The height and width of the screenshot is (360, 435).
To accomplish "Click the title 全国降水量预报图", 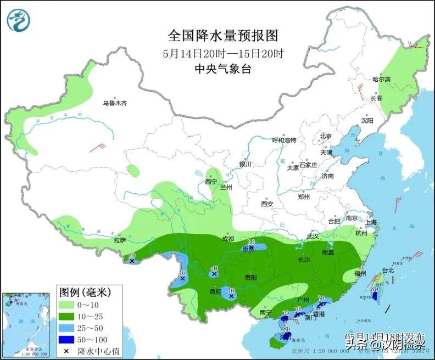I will (x=223, y=36).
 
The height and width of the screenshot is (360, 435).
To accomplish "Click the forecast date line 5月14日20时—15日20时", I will (x=223, y=54).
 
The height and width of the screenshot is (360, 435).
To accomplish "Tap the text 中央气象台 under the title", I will (x=223, y=69).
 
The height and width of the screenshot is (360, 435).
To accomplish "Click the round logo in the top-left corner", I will (x=19, y=20).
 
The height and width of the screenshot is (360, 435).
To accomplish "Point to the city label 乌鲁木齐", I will (x=115, y=103).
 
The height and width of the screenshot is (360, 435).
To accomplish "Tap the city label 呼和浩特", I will (x=285, y=140).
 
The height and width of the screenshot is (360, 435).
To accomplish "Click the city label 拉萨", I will (x=120, y=240).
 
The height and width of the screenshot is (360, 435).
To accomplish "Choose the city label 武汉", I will (x=313, y=236).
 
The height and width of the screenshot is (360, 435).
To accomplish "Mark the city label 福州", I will (x=360, y=273).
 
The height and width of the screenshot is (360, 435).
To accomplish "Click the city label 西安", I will (x=267, y=204).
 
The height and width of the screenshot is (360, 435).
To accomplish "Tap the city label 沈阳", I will (x=367, y=120).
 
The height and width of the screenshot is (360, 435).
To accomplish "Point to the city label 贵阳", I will (x=250, y=278).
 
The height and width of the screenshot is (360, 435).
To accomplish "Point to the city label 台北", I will (x=388, y=271).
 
